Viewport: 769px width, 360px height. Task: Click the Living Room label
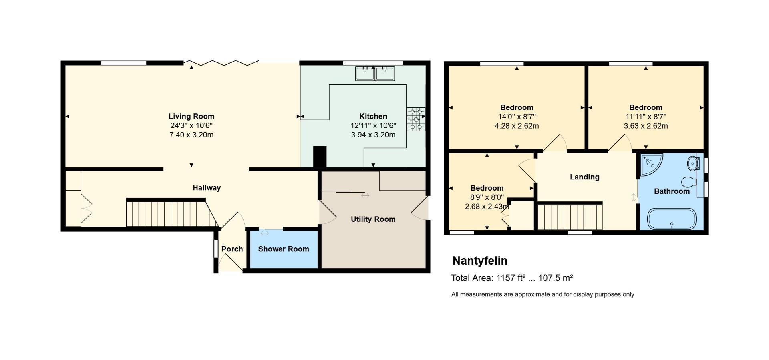(x=191, y=117)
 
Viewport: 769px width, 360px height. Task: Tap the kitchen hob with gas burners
(x=416, y=119)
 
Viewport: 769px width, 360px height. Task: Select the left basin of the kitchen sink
(x=365, y=74)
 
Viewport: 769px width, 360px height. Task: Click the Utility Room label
(x=373, y=219)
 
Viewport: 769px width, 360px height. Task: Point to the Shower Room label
(x=283, y=249)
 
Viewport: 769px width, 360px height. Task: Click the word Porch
(x=232, y=249)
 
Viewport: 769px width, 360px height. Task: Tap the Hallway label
(x=207, y=188)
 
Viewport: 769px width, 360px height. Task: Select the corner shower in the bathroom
(x=650, y=164)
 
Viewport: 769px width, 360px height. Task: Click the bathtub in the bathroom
(x=672, y=219)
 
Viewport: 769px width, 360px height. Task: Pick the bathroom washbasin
(x=693, y=163)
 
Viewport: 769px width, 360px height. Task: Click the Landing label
(x=584, y=177)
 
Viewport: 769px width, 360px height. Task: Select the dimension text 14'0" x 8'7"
(x=517, y=117)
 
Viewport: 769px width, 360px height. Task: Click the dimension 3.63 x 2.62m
(x=646, y=126)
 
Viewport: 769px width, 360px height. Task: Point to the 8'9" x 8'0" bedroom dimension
(x=487, y=197)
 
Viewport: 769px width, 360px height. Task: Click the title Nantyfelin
(x=480, y=261)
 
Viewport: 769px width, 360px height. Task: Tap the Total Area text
(x=512, y=278)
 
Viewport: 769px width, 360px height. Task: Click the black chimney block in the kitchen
(x=320, y=157)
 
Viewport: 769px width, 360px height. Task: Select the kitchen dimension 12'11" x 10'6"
(x=373, y=126)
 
